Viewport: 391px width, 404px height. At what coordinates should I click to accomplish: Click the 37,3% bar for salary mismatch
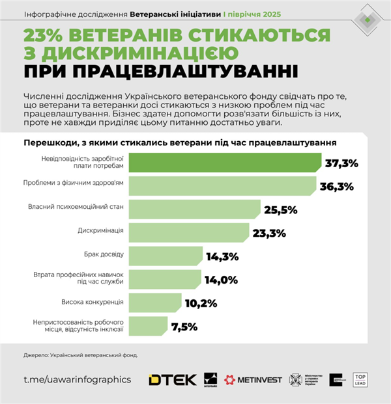(x=225, y=163)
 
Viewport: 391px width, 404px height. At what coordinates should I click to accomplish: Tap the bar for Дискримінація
(x=189, y=231)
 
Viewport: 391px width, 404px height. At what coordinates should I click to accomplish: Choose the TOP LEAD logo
(x=362, y=379)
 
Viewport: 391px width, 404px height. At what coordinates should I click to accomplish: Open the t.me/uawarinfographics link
(x=77, y=379)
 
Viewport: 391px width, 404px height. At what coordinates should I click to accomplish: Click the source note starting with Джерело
(x=81, y=355)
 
